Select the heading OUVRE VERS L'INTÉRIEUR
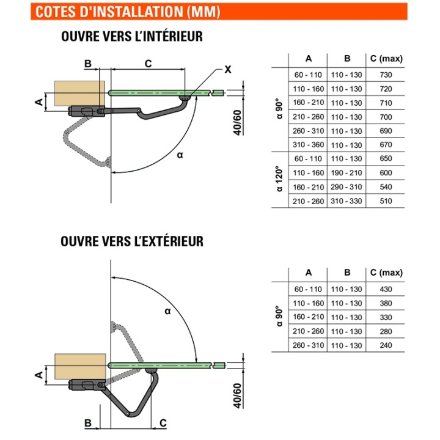pos(131,37)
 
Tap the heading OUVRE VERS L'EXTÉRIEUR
pos(132,241)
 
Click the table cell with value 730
pos(385,75)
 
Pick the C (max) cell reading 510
pos(385,201)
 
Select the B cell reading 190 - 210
pos(347,173)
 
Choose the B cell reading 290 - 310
pos(347,187)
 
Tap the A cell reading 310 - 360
pos(308,145)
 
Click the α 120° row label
pos(279,180)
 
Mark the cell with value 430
pos(385,289)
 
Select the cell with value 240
pos(385,346)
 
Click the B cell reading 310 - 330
pos(347,201)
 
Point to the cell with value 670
pos(385,145)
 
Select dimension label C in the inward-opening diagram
pos(147,64)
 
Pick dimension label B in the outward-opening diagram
pos(88,422)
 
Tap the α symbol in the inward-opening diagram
pos(180,155)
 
